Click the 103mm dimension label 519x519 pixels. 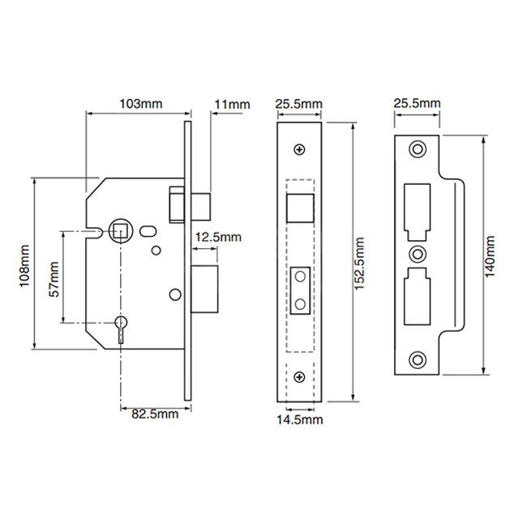136,104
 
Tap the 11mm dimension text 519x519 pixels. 232,104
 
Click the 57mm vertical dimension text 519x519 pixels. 54,279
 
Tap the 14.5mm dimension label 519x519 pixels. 299,419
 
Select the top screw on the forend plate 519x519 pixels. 300,149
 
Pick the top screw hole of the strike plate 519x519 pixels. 418,149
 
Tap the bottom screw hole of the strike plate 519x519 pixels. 418,359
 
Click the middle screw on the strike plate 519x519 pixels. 418,253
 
